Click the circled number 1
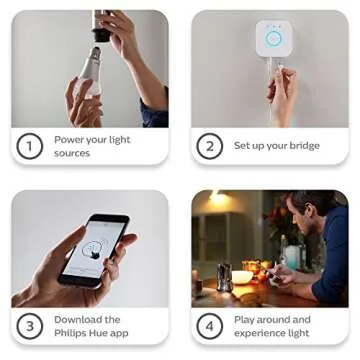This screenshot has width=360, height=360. click(x=30, y=146)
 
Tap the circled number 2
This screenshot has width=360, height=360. click(x=209, y=146)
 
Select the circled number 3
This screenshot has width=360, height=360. click(x=30, y=326)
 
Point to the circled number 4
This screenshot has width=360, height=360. click(x=209, y=326)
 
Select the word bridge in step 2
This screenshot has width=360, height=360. click(x=304, y=146)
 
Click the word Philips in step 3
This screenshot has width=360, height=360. click(x=71, y=333)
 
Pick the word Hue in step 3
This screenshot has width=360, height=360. click(x=100, y=333)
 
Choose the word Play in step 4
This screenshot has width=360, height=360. click(x=245, y=320)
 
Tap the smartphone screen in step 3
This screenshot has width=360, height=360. click(x=96, y=249)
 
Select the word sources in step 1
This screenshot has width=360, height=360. click(x=72, y=153)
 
